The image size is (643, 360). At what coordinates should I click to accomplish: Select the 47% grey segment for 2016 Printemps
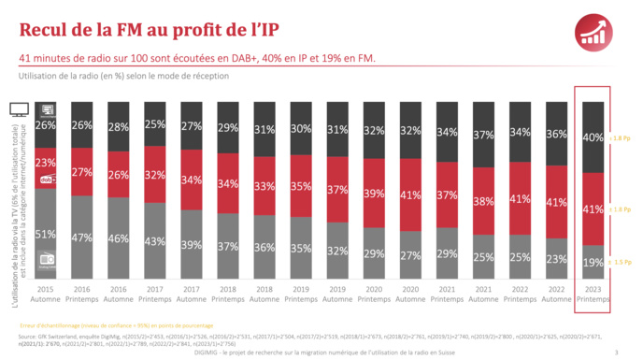pyautogui.click(x=82, y=237)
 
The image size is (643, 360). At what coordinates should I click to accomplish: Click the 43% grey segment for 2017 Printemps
pyautogui.click(x=155, y=240)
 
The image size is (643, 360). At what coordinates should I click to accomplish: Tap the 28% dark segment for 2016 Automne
pyautogui.click(x=119, y=125)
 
